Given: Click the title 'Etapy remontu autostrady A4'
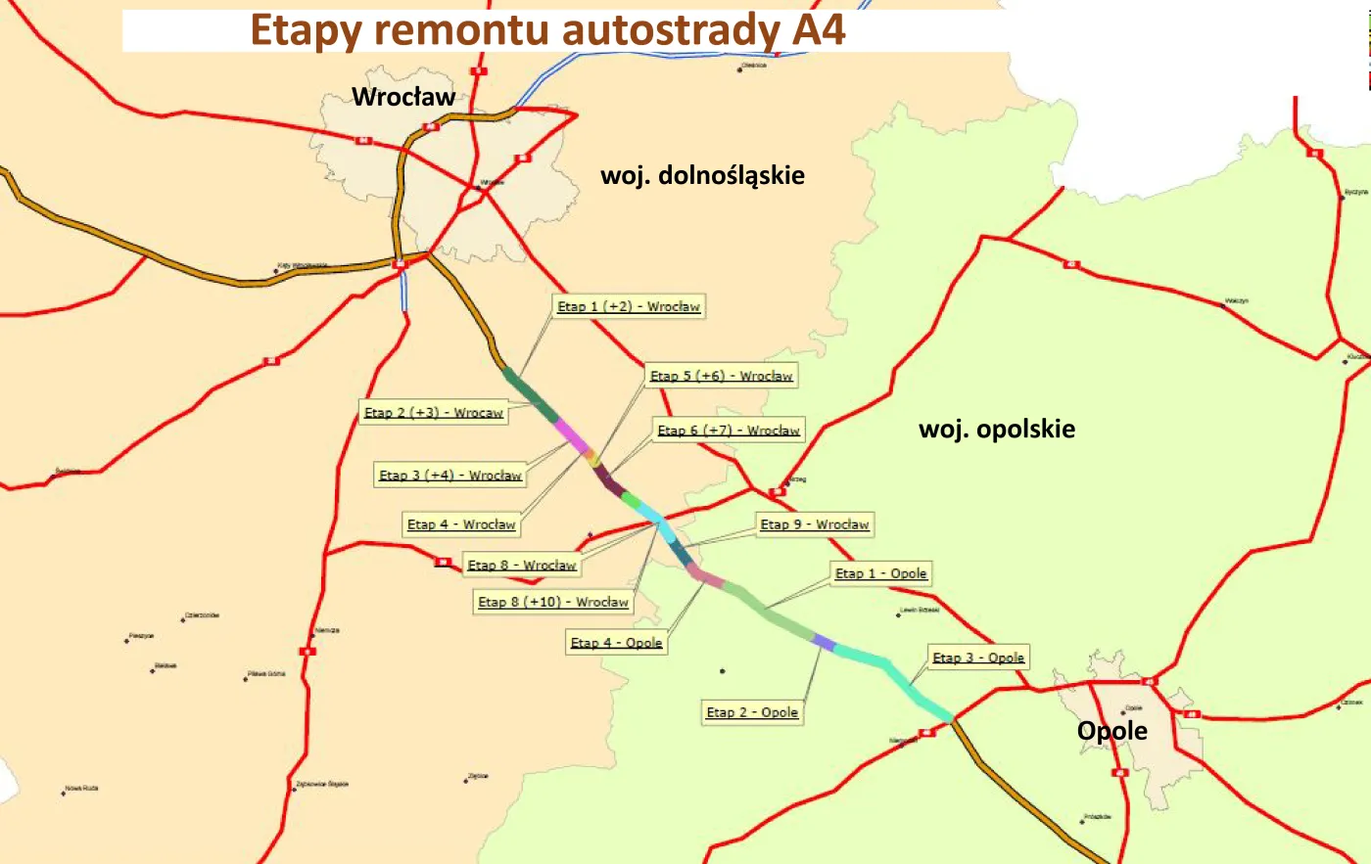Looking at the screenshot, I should click(x=547, y=29).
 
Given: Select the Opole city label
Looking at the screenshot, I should click(x=1111, y=731).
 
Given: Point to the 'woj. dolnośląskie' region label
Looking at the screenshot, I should click(x=702, y=176).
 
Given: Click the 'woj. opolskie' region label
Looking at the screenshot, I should click(x=996, y=429).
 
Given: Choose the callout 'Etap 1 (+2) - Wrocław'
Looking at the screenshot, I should click(x=629, y=306).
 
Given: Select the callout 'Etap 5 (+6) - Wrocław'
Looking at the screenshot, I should click(x=722, y=376).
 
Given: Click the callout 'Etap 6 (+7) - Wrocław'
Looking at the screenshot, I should click(x=729, y=431).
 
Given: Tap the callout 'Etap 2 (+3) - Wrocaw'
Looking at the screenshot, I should click(x=434, y=413).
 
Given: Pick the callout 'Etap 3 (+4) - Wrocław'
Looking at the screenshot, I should click(x=450, y=476).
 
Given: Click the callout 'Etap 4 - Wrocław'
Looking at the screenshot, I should click(x=461, y=524).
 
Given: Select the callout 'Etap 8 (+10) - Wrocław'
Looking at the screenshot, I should click(x=552, y=602).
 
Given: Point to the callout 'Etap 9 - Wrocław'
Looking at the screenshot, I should click(x=814, y=524).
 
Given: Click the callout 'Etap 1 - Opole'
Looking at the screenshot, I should click(x=880, y=573).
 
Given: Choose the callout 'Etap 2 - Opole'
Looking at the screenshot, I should click(x=752, y=712).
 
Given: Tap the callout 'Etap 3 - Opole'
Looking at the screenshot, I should click(x=978, y=658).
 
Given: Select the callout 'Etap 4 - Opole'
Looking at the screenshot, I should click(x=617, y=643).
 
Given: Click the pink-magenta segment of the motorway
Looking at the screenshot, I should click(x=571, y=434).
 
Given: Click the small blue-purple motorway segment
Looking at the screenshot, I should click(x=824, y=643).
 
